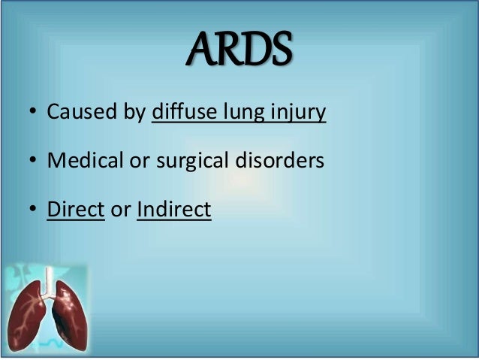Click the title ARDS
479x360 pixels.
click(239, 50)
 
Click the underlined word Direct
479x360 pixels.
click(75, 210)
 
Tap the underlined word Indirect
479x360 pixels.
click(174, 210)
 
